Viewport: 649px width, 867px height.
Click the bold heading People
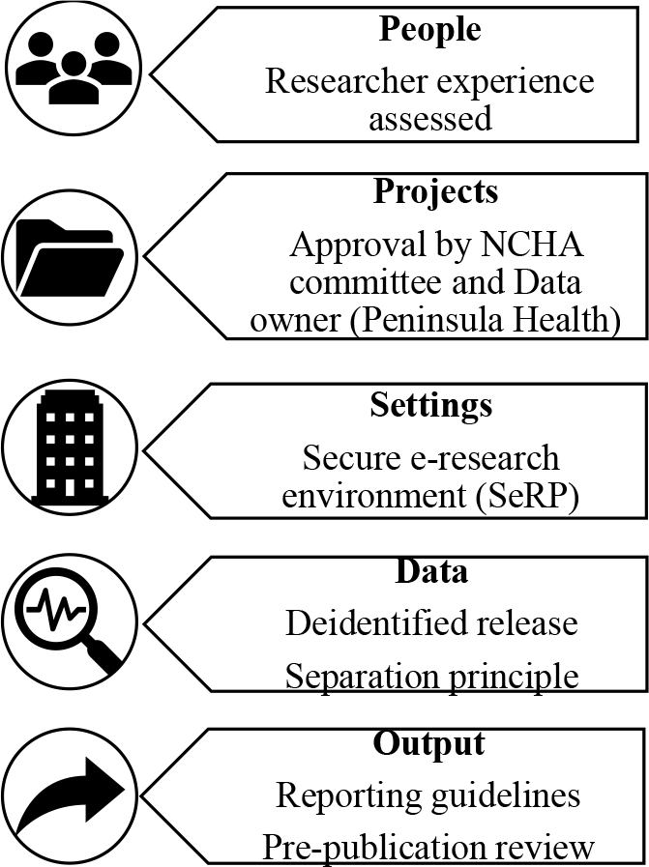[x=429, y=30]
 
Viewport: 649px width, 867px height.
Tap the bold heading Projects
[x=436, y=191]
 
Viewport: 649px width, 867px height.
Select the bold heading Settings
[x=431, y=406]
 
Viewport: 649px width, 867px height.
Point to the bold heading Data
[x=431, y=572]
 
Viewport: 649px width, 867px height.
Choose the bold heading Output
[x=428, y=744]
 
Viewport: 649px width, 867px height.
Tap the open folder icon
[x=70, y=258]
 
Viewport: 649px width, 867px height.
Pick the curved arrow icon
[x=69, y=796]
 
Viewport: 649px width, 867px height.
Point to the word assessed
[x=430, y=118]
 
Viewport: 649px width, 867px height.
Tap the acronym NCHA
[x=532, y=245]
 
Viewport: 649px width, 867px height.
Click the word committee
[x=368, y=282]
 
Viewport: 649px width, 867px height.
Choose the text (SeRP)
[x=527, y=497]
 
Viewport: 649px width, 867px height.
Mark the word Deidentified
[x=373, y=622]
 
